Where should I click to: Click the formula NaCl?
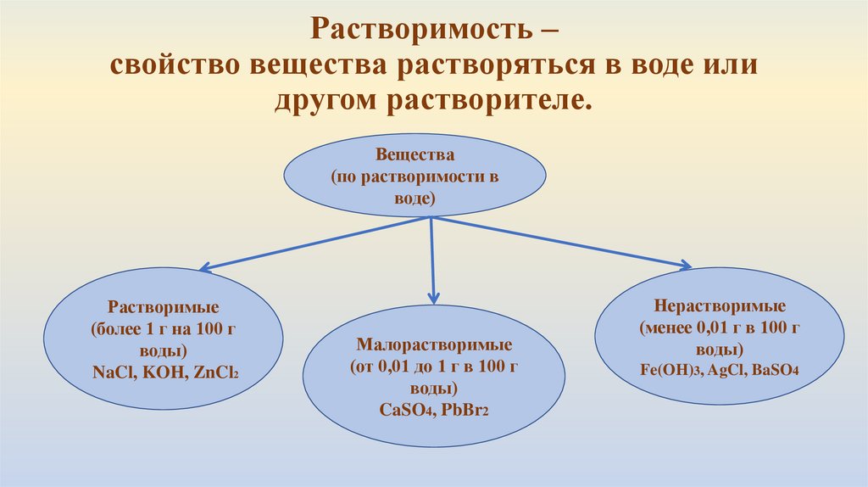pos(113,371)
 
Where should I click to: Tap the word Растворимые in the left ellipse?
pos(164,307)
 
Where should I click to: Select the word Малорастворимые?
pos(433,347)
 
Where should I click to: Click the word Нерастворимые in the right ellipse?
pos(720,306)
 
